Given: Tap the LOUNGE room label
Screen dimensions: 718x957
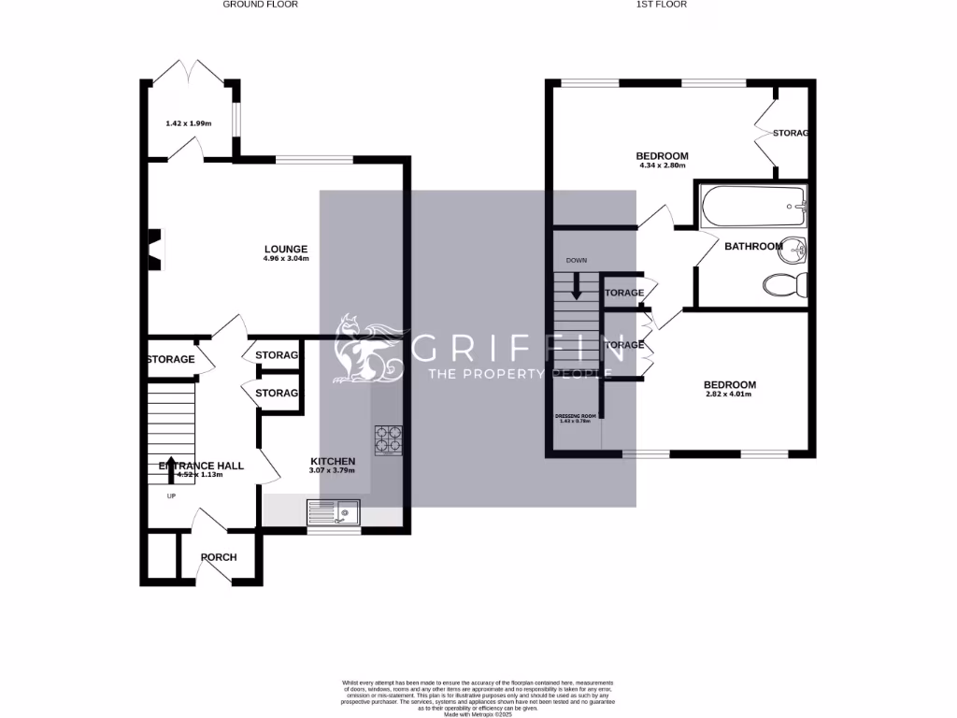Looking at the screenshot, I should pyautogui.click(x=286, y=249).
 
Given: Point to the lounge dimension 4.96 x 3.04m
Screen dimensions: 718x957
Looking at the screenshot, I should pyautogui.click(x=286, y=259).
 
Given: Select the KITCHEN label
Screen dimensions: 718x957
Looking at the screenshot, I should pyautogui.click(x=333, y=461).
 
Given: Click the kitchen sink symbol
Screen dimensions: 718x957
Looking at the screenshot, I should pyautogui.click(x=334, y=512).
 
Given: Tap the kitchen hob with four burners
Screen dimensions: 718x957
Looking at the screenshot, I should pyautogui.click(x=389, y=439).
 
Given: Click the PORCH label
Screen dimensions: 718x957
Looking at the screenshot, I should pyautogui.click(x=219, y=557).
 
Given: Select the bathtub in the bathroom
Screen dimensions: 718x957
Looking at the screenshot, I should pyautogui.click(x=752, y=207).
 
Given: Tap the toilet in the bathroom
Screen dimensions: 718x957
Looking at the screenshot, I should pyautogui.click(x=784, y=285).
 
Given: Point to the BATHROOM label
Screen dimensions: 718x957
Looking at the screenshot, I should pyautogui.click(x=753, y=247).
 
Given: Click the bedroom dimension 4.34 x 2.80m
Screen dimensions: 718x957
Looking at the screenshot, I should pyautogui.click(x=663, y=166).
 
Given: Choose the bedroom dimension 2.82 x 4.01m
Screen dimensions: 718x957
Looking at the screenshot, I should pyautogui.click(x=730, y=395).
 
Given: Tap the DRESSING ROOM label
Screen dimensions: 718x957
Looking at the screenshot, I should pyautogui.click(x=575, y=414).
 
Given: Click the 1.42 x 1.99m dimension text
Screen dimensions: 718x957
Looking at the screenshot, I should pyautogui.click(x=189, y=123).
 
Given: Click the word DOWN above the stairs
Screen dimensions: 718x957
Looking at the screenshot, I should pyautogui.click(x=577, y=260).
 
